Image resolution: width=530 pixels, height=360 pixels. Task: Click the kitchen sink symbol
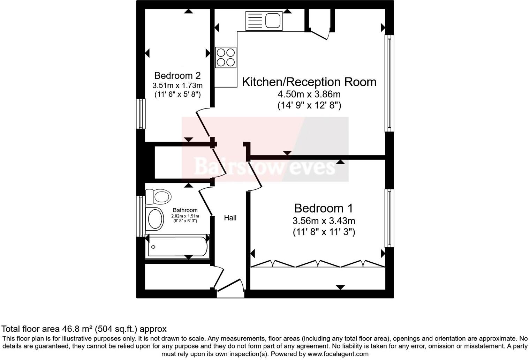(264, 21)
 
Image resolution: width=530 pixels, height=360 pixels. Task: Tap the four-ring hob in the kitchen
(226, 58)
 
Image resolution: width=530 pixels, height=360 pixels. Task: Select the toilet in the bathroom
(159, 197)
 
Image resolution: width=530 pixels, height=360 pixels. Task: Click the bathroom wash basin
(155, 219)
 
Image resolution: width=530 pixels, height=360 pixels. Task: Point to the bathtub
(177, 247)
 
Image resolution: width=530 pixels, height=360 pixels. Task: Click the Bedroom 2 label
(177, 76)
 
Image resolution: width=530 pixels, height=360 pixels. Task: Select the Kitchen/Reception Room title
(309, 82)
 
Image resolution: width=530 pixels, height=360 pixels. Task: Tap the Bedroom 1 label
(323, 208)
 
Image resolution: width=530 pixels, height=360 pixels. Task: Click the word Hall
(230, 218)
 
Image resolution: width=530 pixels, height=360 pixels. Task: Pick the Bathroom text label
(185, 210)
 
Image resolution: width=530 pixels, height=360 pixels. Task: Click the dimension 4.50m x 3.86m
(309, 94)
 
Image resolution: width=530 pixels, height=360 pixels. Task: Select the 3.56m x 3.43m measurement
(324, 221)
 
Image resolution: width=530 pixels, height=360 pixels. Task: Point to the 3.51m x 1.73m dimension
(177, 85)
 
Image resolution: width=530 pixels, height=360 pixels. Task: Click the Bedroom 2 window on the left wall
(141, 114)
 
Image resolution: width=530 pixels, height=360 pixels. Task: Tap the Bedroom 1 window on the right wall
(389, 218)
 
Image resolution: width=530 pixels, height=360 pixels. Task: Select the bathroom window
(141, 216)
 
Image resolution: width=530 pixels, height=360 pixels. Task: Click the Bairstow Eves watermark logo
(265, 166)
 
